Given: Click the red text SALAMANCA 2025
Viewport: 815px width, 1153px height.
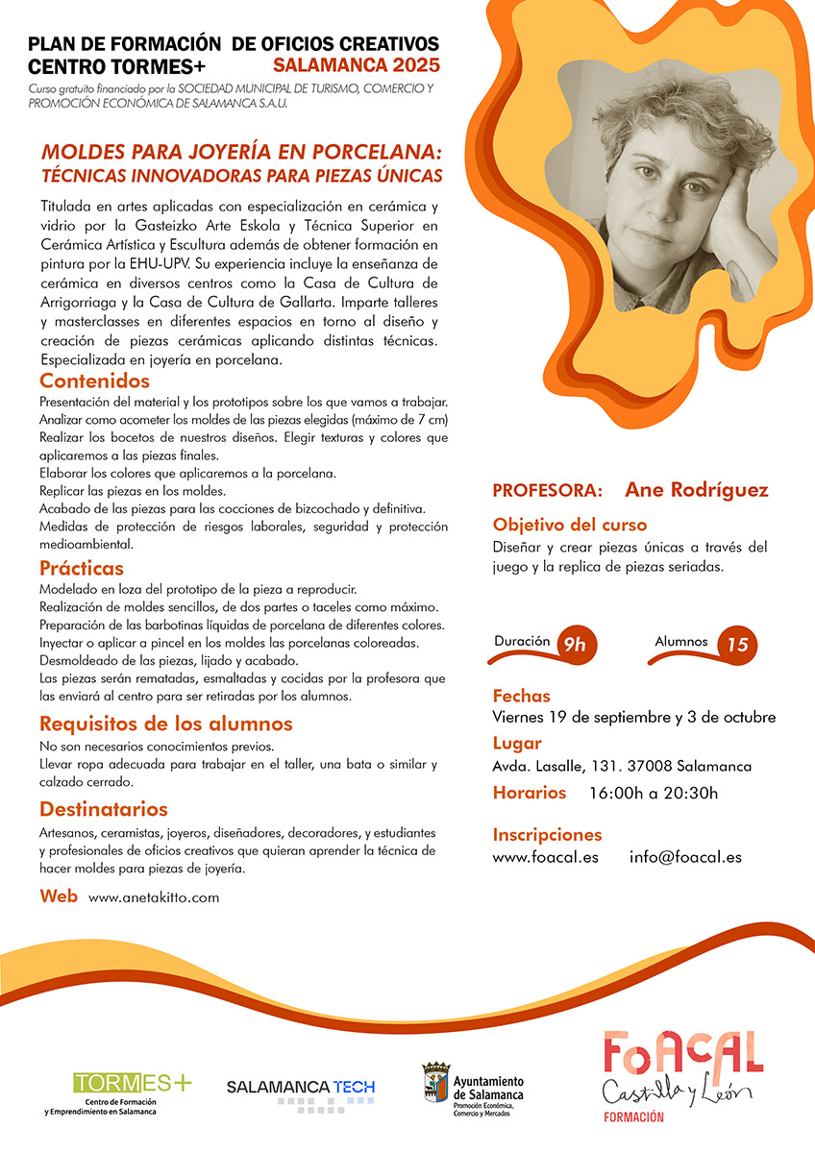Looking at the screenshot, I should pyautogui.click(x=357, y=65).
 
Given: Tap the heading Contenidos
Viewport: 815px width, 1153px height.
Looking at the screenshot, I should pyautogui.click(x=95, y=381).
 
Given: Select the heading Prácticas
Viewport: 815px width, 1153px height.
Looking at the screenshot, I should pyautogui.click(x=82, y=568).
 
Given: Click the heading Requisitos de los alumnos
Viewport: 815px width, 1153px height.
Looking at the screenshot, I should pyautogui.click(x=165, y=724).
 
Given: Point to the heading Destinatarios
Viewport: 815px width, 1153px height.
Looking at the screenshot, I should pyautogui.click(x=104, y=809).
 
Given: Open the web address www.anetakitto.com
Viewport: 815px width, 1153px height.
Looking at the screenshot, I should pyautogui.click(x=154, y=897).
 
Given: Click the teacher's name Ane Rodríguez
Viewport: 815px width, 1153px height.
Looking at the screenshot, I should pyautogui.click(x=696, y=490).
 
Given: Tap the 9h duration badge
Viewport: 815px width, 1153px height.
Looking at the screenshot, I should pyautogui.click(x=574, y=645).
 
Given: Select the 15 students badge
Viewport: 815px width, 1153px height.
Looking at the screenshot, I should pyautogui.click(x=737, y=645).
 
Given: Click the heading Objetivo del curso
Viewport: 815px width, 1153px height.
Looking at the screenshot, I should pyautogui.click(x=570, y=525).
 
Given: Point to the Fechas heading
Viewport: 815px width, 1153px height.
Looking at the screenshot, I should pyautogui.click(x=521, y=696).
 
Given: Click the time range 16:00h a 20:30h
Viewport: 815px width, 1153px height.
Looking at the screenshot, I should pyautogui.click(x=654, y=793).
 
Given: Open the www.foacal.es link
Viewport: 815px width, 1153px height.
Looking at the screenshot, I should pyautogui.click(x=545, y=857).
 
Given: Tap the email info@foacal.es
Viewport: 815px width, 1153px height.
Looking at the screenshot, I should pyautogui.click(x=685, y=857).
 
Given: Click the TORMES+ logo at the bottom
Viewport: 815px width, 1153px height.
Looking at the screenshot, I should pyautogui.click(x=133, y=1084).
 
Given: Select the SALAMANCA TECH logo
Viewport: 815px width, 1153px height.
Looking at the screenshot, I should pyautogui.click(x=300, y=1088).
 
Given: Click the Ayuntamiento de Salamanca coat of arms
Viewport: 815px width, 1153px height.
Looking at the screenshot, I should pyautogui.click(x=435, y=1085).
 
